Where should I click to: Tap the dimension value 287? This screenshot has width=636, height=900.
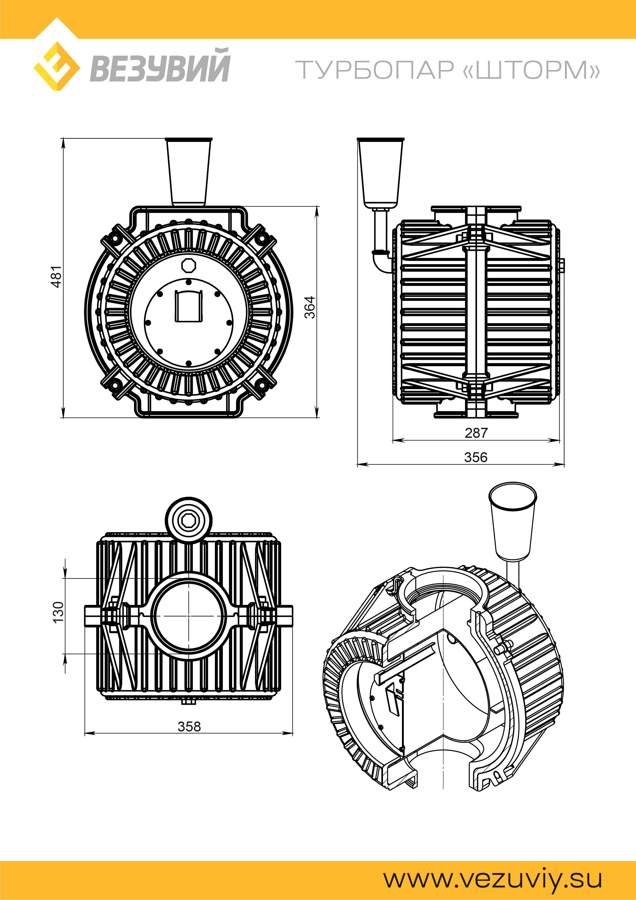click(476, 433)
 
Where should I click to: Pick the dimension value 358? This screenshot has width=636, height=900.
click(189, 726)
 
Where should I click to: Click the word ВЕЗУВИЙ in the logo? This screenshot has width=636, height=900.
click(159, 65)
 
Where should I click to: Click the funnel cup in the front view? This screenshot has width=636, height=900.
click(188, 172)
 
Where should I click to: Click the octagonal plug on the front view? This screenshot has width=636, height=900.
click(188, 265)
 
